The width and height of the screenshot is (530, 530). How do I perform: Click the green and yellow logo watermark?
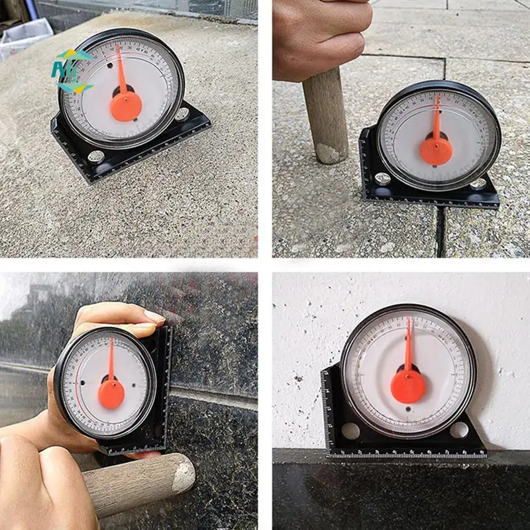point(72,70)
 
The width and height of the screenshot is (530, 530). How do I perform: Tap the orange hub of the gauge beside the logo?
point(126,106)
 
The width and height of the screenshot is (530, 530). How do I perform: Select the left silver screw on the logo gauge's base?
point(95,156)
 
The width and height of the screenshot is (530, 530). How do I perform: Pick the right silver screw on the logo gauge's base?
point(182,113)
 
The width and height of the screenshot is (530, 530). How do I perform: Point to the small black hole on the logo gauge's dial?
point(109,66)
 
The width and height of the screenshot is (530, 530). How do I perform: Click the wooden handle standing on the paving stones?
point(326,116)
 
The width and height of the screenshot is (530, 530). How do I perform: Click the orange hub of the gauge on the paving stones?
point(436,151)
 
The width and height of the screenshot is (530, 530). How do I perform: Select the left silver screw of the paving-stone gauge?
point(382,178)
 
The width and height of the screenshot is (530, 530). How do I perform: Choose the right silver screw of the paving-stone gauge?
point(478,184)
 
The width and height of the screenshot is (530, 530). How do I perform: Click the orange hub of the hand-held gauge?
point(111,394)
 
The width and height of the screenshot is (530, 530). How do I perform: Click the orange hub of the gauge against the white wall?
point(407,386)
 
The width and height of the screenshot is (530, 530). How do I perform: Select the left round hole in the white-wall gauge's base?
point(350,431)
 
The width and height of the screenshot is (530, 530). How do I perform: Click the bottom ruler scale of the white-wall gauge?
point(407,454)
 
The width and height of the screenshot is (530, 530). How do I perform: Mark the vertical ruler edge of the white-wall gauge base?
point(325,411)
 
